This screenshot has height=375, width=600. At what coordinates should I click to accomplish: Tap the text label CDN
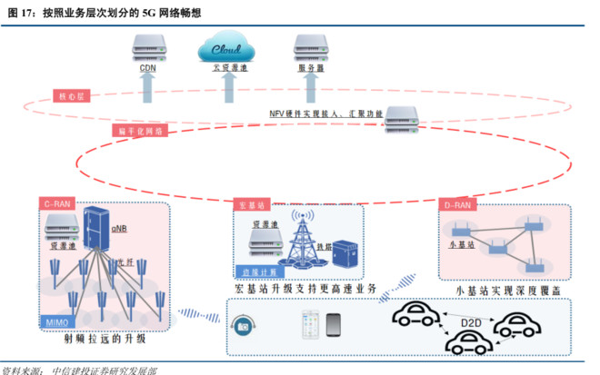(x=147, y=67)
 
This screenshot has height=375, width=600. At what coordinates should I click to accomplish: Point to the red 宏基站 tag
(x=250, y=204)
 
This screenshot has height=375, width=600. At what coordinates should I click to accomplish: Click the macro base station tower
(x=305, y=239)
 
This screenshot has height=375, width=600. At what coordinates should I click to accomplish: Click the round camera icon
(x=242, y=323)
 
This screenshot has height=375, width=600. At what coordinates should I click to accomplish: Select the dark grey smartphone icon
(x=334, y=323)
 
